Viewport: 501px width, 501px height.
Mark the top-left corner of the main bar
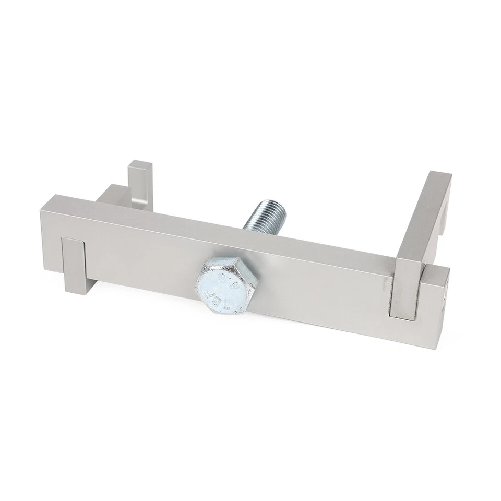point(51,196)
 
